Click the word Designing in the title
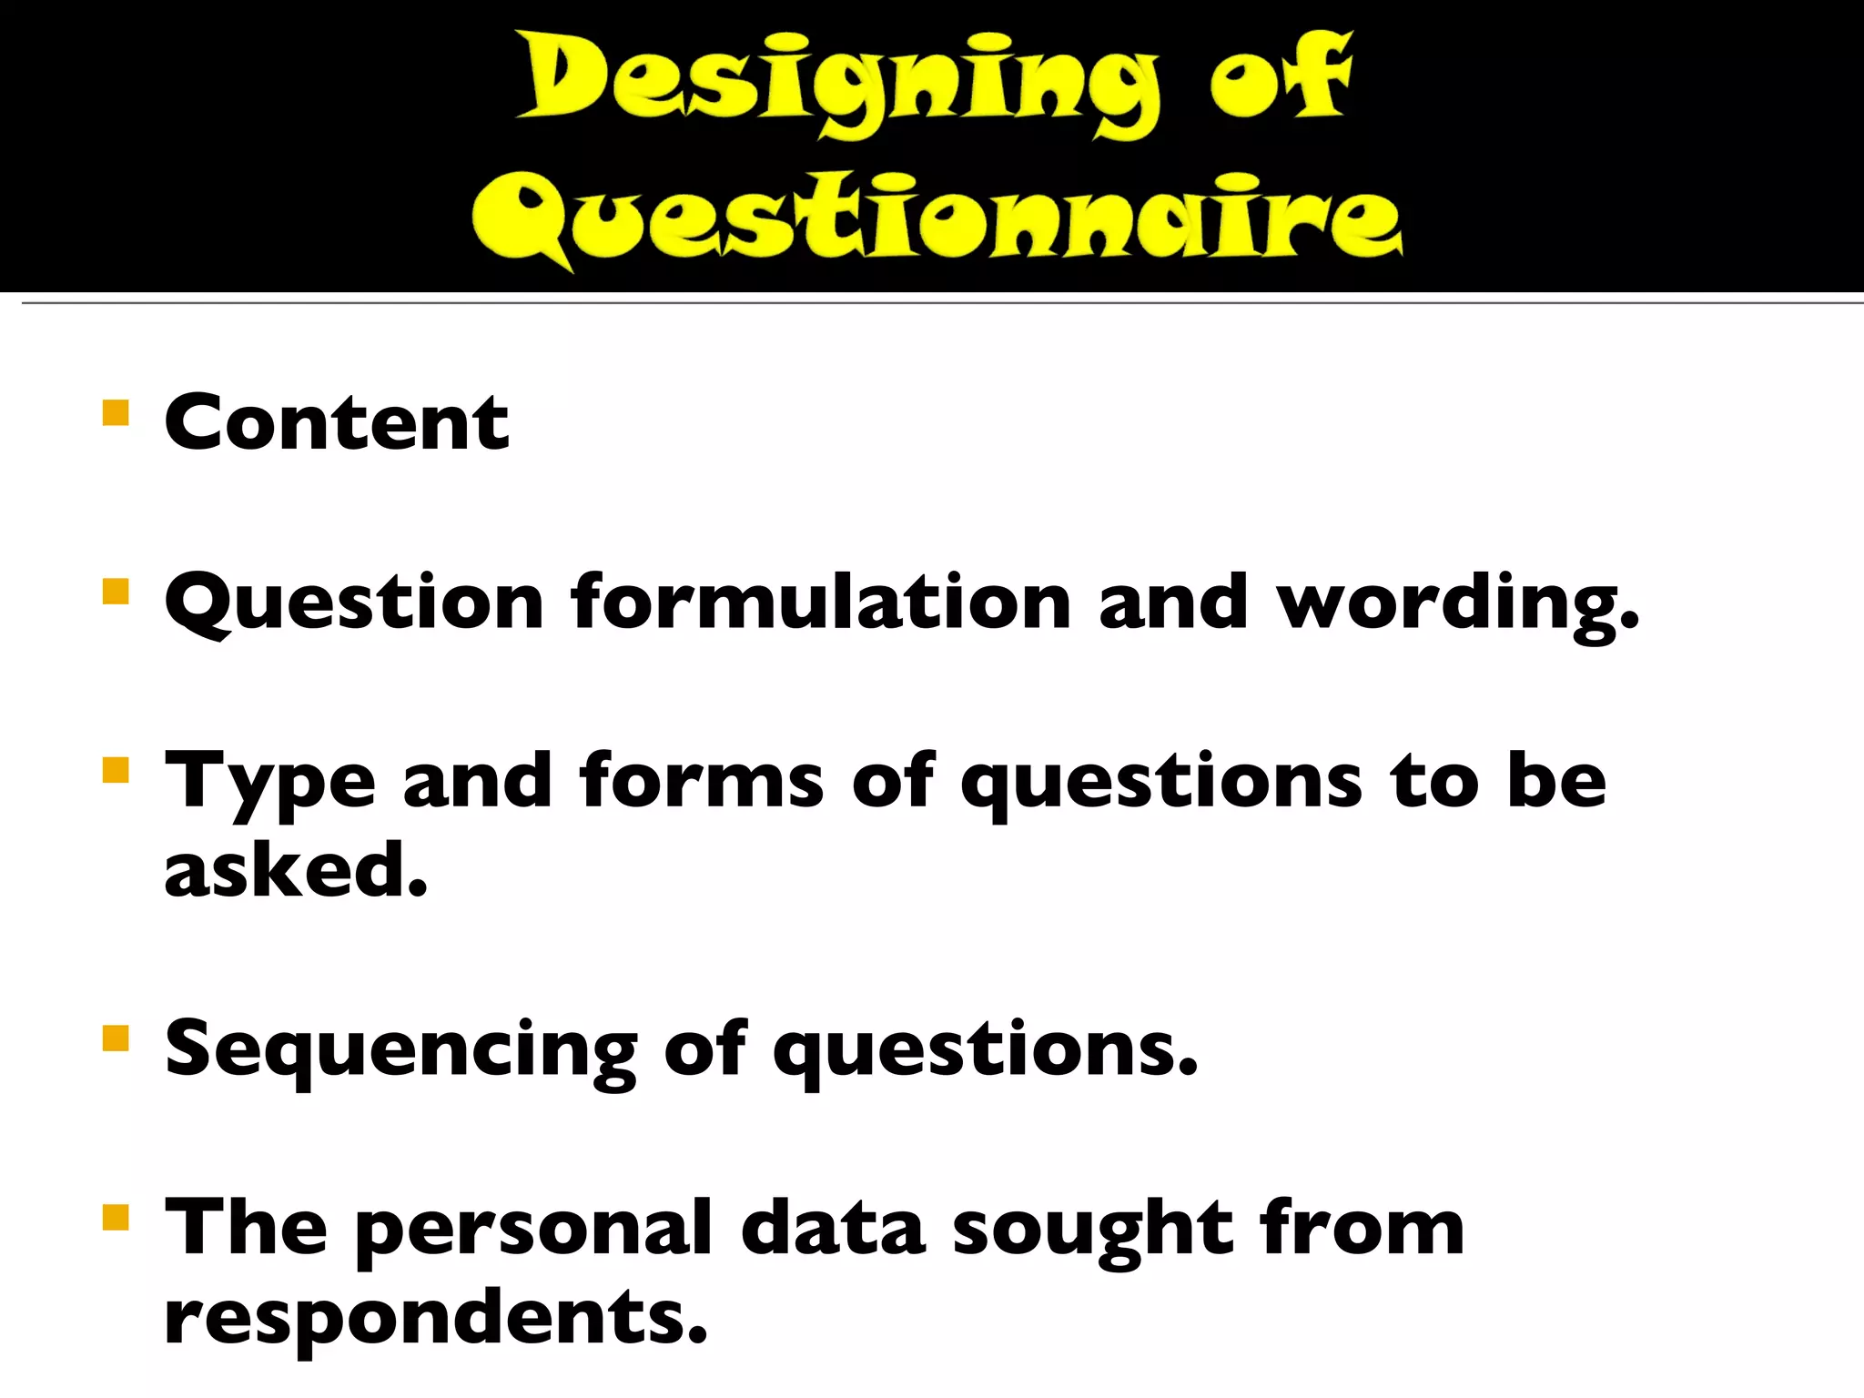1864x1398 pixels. click(x=837, y=84)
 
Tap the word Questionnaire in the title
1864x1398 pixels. click(x=937, y=218)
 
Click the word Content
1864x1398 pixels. click(x=337, y=422)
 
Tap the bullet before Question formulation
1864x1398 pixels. click(x=116, y=592)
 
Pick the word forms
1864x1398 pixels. click(x=701, y=780)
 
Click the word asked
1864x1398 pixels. click(x=296, y=869)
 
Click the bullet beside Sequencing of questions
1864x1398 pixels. click(x=116, y=1038)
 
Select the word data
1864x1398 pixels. click(x=833, y=1229)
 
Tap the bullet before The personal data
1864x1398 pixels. click(x=116, y=1217)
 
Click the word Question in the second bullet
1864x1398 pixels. click(x=354, y=603)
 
